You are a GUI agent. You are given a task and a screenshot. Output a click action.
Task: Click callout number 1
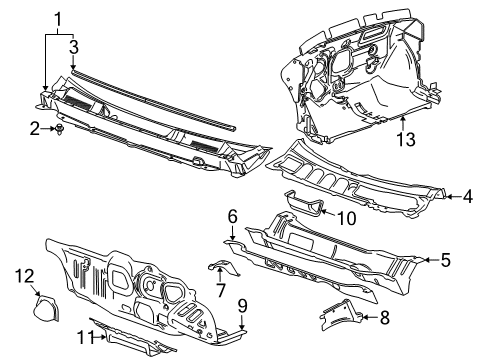pos(57,18)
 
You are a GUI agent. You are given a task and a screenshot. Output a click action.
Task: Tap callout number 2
pos(33,127)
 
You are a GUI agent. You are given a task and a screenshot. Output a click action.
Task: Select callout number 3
pos(73,46)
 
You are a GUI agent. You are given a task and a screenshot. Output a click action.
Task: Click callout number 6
pos(231,215)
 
